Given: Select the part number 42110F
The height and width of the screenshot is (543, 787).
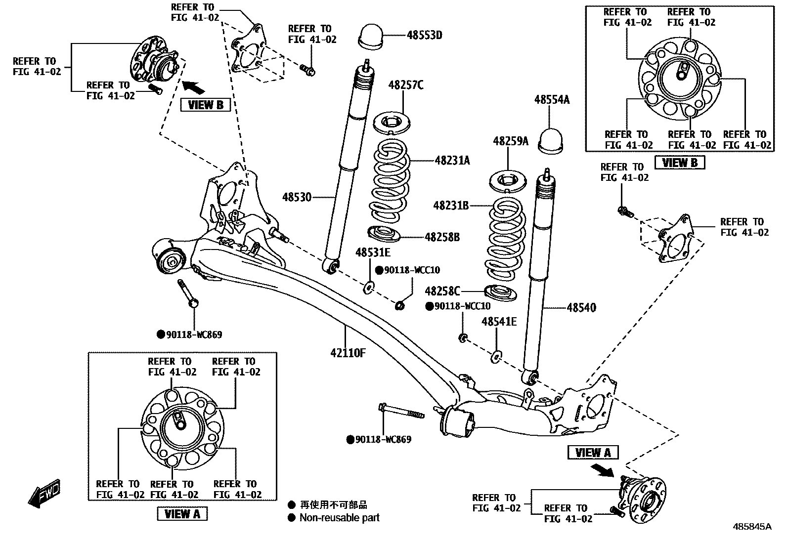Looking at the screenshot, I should click(x=348, y=353).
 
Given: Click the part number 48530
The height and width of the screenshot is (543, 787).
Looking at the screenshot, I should click(x=297, y=197).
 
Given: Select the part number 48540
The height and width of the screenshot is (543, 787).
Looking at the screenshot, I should click(x=581, y=307).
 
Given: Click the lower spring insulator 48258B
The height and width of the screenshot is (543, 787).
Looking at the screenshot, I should click(x=384, y=233).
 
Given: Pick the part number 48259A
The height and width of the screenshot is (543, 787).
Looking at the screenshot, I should click(x=510, y=141).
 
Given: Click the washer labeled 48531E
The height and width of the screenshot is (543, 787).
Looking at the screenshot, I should click(x=369, y=287).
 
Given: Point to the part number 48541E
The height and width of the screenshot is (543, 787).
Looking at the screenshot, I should click(x=499, y=322).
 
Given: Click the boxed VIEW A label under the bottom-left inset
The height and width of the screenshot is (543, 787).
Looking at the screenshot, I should click(x=182, y=513).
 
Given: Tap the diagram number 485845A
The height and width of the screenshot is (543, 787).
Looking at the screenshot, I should click(x=748, y=527).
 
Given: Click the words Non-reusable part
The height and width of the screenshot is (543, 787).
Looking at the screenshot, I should click(x=339, y=518).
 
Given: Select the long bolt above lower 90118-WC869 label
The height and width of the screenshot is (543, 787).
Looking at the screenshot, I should click(x=401, y=412).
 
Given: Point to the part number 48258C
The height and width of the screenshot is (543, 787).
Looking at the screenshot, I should click(x=442, y=291).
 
